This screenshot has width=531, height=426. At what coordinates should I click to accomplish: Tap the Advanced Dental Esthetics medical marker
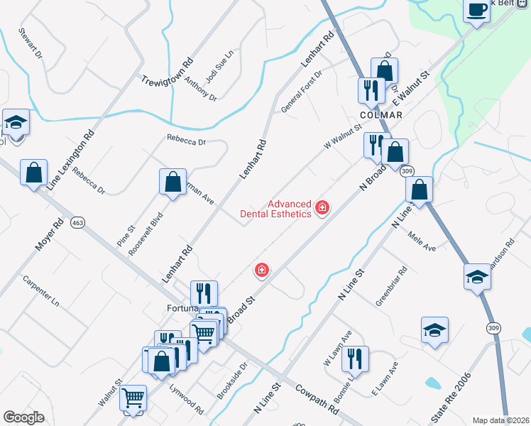click(322, 207)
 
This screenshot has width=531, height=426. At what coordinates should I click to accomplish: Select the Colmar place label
click(381, 115)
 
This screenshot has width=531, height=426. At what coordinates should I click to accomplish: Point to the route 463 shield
click(77, 223)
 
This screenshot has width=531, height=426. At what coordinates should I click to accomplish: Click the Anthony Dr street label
click(200, 89)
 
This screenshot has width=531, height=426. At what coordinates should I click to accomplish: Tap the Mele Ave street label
click(422, 244)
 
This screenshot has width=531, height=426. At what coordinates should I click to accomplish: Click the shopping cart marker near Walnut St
click(133, 398)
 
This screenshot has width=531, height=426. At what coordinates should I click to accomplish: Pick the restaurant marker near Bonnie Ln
click(355, 359)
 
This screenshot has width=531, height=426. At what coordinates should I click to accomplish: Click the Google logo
click(23, 417)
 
